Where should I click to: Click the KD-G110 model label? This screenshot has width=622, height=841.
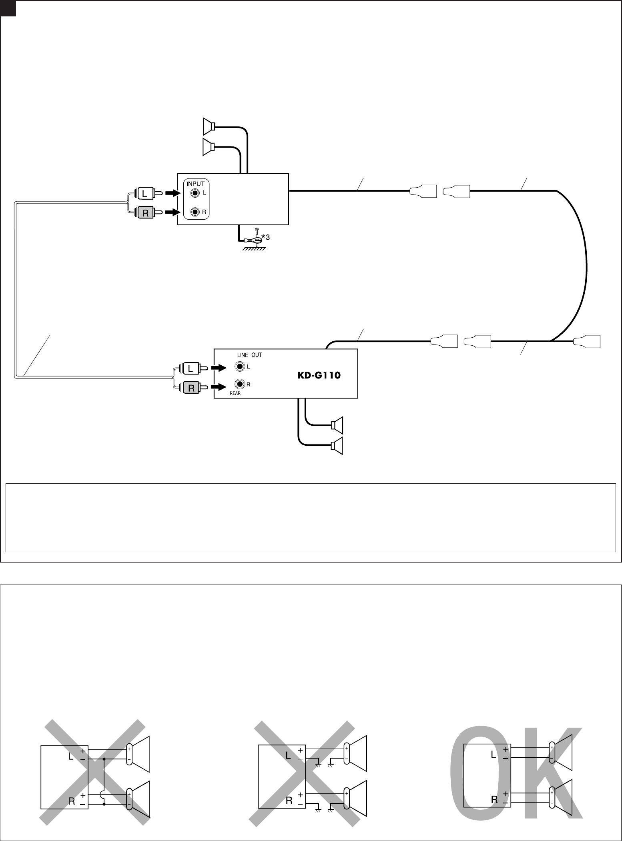coord(319,376)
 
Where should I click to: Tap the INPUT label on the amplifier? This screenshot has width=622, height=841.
coord(195,184)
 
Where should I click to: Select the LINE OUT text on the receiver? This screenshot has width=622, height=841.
coord(249,355)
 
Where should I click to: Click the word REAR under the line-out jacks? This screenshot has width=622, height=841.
coord(235,393)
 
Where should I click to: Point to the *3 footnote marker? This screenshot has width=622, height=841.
coord(266,238)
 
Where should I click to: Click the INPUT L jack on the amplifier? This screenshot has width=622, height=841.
coord(195,193)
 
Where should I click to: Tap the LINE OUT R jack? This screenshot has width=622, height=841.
coord(240,384)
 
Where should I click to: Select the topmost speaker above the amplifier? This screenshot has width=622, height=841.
coord(209,126)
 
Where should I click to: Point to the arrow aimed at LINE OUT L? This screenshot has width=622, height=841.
coord(219,368)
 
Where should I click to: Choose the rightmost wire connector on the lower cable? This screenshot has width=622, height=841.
coord(588,341)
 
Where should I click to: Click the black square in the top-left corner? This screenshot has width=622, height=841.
coord(8,8)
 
